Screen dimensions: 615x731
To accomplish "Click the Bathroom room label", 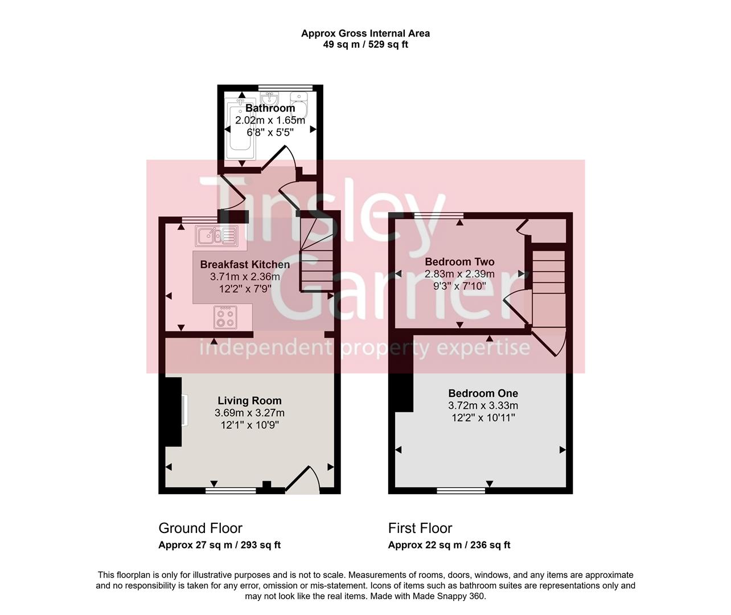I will click(x=270, y=108).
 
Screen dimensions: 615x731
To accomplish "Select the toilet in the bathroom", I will click(x=300, y=102).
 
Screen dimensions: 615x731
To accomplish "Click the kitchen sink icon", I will click(x=216, y=235).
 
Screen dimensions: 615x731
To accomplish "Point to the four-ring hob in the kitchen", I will click(x=225, y=317).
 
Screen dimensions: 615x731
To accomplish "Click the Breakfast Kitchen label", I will click(x=245, y=264).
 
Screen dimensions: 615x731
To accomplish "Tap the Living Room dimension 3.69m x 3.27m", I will click(x=249, y=413).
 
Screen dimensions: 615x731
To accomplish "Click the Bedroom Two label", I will click(x=459, y=262).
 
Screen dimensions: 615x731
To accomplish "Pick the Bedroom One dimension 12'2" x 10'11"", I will click(x=483, y=418).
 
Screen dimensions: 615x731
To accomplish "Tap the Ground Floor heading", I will click(x=200, y=528).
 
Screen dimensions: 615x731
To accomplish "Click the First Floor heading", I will click(x=420, y=528).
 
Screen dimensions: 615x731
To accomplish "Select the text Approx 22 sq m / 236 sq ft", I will click(x=449, y=545).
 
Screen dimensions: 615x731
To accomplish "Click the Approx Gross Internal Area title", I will click(x=365, y=33).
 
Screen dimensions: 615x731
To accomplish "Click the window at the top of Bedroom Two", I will click(x=438, y=216).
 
